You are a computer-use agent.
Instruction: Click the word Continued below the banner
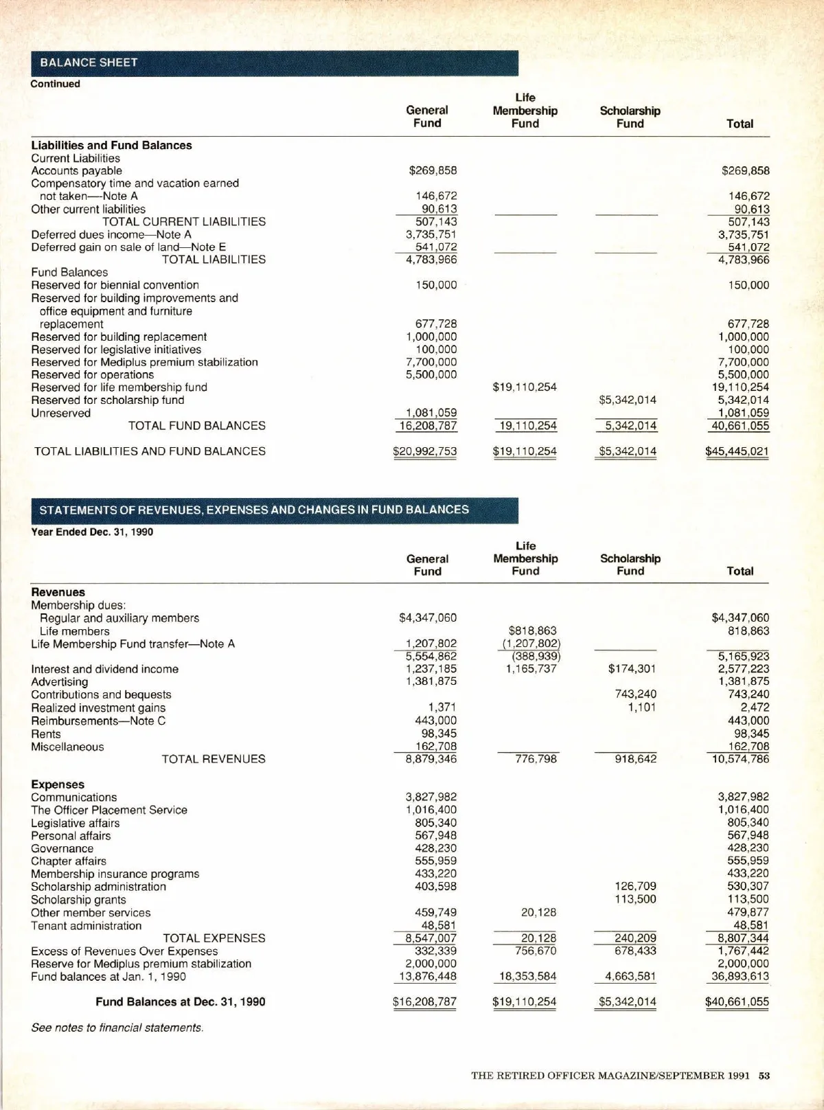click(x=55, y=84)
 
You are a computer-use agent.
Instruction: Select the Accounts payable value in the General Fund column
click(x=433, y=170)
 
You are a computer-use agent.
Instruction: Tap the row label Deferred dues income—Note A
click(x=111, y=234)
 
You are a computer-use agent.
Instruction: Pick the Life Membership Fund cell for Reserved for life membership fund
click(x=525, y=387)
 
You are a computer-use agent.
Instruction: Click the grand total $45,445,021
click(x=737, y=451)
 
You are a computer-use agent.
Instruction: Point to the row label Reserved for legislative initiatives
click(x=116, y=350)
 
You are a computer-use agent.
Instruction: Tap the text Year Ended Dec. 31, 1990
click(x=92, y=532)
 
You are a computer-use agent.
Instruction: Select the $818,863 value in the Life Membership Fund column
click(x=533, y=631)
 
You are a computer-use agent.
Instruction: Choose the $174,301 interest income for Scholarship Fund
click(x=632, y=668)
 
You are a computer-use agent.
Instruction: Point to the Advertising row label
click(x=60, y=681)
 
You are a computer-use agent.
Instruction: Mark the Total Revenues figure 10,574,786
click(x=740, y=759)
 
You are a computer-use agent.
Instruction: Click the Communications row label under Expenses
click(x=74, y=797)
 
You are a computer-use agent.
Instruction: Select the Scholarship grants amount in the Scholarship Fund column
click(x=636, y=899)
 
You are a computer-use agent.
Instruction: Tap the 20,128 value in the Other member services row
click(x=538, y=912)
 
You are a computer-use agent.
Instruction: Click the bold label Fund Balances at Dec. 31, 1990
click(x=181, y=1001)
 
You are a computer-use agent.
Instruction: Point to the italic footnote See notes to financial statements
click(x=117, y=1028)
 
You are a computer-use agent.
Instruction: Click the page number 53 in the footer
click(x=764, y=1076)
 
